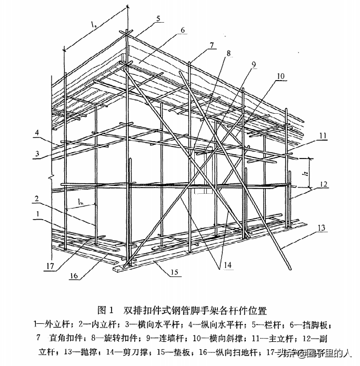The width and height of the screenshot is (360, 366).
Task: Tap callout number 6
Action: point(182,30)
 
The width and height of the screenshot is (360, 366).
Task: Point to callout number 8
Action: point(228,53)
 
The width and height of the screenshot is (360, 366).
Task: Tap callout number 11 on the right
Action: point(323,135)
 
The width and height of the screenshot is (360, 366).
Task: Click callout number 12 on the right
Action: point(324,184)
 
